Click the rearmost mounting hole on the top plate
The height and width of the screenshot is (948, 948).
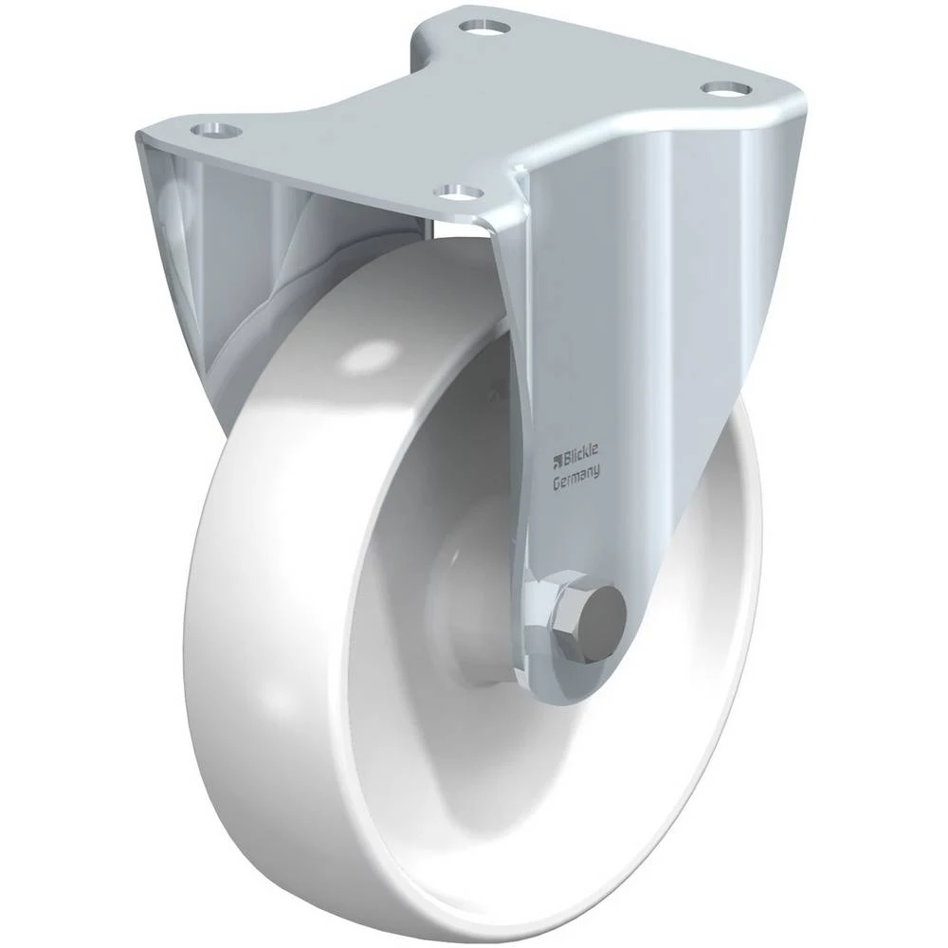[483, 27]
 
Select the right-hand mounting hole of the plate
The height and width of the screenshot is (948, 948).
[725, 88]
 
